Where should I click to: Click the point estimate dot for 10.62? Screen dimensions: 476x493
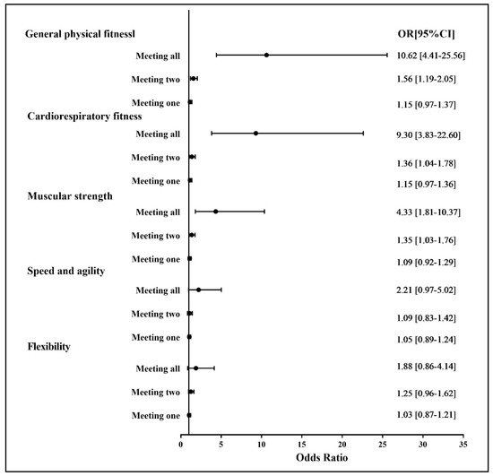[266, 55]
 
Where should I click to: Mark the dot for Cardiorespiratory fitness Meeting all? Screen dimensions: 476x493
[255, 134]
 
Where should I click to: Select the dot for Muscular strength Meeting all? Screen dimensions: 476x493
[216, 212]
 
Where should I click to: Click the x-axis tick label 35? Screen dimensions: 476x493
[463, 442]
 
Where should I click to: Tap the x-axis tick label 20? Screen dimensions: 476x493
[342, 442]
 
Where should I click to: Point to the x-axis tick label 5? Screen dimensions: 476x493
[221, 442]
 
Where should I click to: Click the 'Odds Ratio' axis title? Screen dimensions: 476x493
[322, 458]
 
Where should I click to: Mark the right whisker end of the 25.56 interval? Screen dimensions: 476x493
[387, 55]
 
